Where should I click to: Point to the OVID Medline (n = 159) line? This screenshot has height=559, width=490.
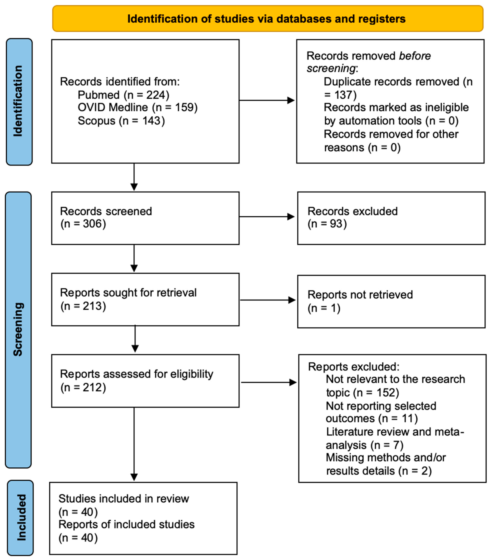tap(138, 107)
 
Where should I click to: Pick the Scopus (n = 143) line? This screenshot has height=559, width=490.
tap(121, 121)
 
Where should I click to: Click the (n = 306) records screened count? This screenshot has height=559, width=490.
tap(83, 224)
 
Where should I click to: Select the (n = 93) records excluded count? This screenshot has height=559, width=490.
tap(327, 224)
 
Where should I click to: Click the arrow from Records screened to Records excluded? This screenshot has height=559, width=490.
tap(267, 217)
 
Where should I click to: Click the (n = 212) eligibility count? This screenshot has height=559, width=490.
tap(83, 387)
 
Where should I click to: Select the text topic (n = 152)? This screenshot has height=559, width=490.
tap(362, 393)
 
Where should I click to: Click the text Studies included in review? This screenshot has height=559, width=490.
tap(124, 499)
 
